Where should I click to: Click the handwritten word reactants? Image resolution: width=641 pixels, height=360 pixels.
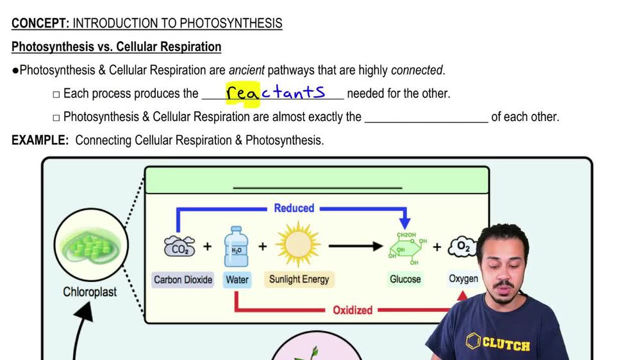point(276,93)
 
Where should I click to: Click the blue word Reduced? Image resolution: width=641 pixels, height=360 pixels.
point(294,208)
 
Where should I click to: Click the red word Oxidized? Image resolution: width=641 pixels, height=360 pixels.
point(352,310)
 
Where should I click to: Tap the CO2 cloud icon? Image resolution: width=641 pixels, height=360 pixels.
point(179,247)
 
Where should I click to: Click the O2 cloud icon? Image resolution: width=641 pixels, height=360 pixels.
point(462,247)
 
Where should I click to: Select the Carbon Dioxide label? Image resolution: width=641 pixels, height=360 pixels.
point(183,279)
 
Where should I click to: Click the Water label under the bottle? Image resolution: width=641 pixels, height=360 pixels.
point(237,279)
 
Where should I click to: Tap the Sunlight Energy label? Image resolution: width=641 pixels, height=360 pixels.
point(299,279)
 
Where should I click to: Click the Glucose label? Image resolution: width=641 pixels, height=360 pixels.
point(405,279)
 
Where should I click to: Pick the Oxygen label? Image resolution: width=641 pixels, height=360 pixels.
point(463,279)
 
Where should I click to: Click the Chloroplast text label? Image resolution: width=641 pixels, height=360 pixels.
point(90,292)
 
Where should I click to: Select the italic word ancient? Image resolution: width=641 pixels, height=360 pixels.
point(246,70)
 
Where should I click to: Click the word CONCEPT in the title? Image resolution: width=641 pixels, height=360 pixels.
point(40,24)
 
